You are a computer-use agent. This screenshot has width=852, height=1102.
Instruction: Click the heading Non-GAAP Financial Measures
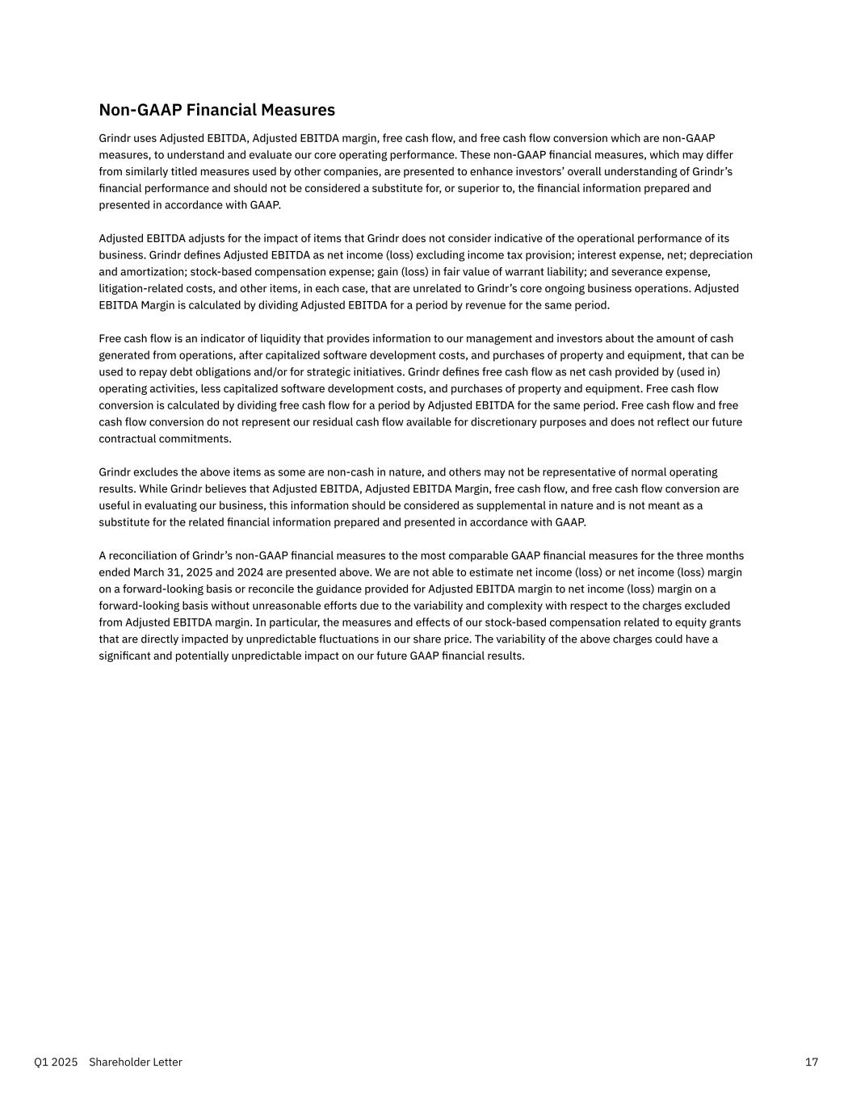216,110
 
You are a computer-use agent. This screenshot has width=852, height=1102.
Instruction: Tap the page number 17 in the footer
812,1062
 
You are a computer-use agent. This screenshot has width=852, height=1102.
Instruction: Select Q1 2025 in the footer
56,1062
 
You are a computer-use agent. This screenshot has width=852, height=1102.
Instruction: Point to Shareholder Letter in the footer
136,1062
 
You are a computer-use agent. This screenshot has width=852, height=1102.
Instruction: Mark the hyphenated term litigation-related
143,288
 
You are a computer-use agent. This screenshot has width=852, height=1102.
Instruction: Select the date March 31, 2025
168,572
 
